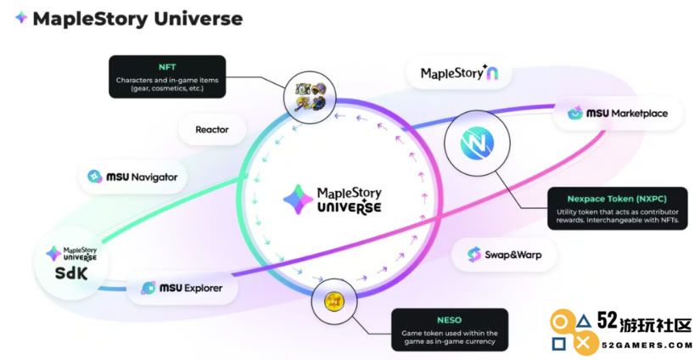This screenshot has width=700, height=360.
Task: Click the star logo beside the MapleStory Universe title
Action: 21,18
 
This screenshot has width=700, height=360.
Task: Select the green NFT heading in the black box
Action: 167,67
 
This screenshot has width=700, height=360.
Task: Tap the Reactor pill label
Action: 212,130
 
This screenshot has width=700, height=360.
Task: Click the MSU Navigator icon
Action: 95,177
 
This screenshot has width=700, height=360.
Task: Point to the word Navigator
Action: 154,177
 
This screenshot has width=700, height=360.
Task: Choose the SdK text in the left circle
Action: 71,273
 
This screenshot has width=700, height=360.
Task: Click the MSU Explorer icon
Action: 148,288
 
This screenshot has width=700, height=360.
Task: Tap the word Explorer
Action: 203,288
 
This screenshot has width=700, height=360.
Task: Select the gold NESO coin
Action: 333,301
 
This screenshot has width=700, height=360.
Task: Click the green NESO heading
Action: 450,320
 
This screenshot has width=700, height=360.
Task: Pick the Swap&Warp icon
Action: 473,255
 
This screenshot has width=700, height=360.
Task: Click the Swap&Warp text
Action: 513,255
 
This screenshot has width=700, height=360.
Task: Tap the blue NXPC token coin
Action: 477,143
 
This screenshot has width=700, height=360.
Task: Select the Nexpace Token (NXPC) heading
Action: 617,199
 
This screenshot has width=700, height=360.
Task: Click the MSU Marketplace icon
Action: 575,113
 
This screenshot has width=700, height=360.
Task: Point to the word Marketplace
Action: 639,114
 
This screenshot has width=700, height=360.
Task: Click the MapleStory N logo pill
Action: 459,73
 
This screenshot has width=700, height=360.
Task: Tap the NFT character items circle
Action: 311,97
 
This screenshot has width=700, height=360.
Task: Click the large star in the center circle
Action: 298,200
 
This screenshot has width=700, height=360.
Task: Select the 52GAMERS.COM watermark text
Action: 647,346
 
